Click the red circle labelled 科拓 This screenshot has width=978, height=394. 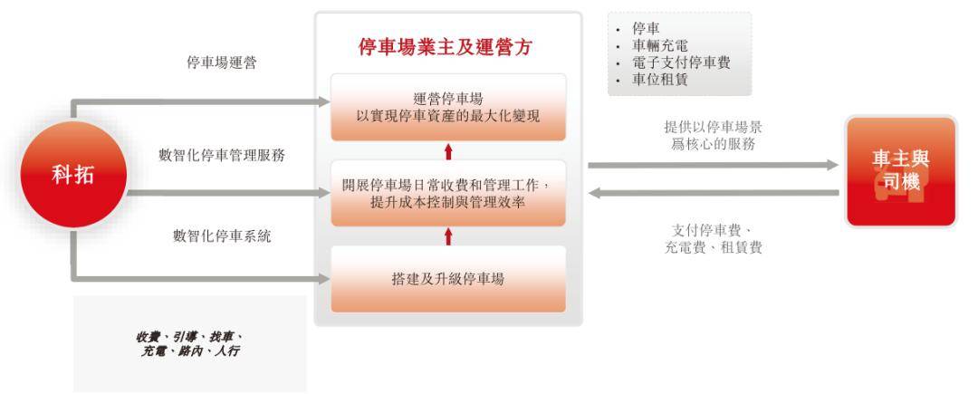pos(73,175)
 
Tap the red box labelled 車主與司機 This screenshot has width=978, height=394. pos(901,171)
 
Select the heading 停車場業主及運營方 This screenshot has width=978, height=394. pos(446,47)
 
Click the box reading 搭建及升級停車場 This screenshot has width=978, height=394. pos(448,279)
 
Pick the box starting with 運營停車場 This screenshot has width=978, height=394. pos(448,107)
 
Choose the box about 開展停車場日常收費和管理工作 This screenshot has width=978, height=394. pos(448,193)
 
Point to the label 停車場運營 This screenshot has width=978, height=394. pos(222,62)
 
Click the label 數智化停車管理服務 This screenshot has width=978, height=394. pos(222,155)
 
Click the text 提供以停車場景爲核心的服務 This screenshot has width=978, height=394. pos(713,136)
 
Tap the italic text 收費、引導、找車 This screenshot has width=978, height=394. pos(188,337)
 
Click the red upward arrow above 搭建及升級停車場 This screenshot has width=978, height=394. pos(448,236)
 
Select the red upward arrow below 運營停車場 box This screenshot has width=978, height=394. pos(448,151)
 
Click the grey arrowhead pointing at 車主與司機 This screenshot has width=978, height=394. pos(833,165)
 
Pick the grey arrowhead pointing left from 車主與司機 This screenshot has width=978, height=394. pos(595,193)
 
